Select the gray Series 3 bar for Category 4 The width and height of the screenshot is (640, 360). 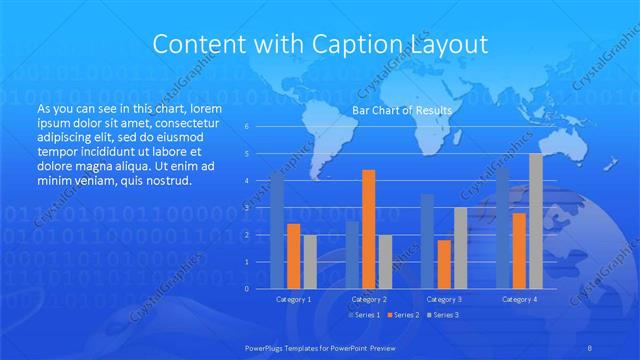click(536, 221)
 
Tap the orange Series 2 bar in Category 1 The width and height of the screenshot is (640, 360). click(293, 256)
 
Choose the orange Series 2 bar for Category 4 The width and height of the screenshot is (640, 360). click(519, 251)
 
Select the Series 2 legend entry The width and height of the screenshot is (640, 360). click(404, 315)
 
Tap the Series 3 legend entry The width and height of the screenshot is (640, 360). click(445, 315)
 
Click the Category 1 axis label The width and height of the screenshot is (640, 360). click(293, 299)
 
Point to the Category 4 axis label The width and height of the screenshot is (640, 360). click(519, 299)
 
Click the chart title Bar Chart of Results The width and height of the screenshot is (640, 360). click(402, 109)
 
